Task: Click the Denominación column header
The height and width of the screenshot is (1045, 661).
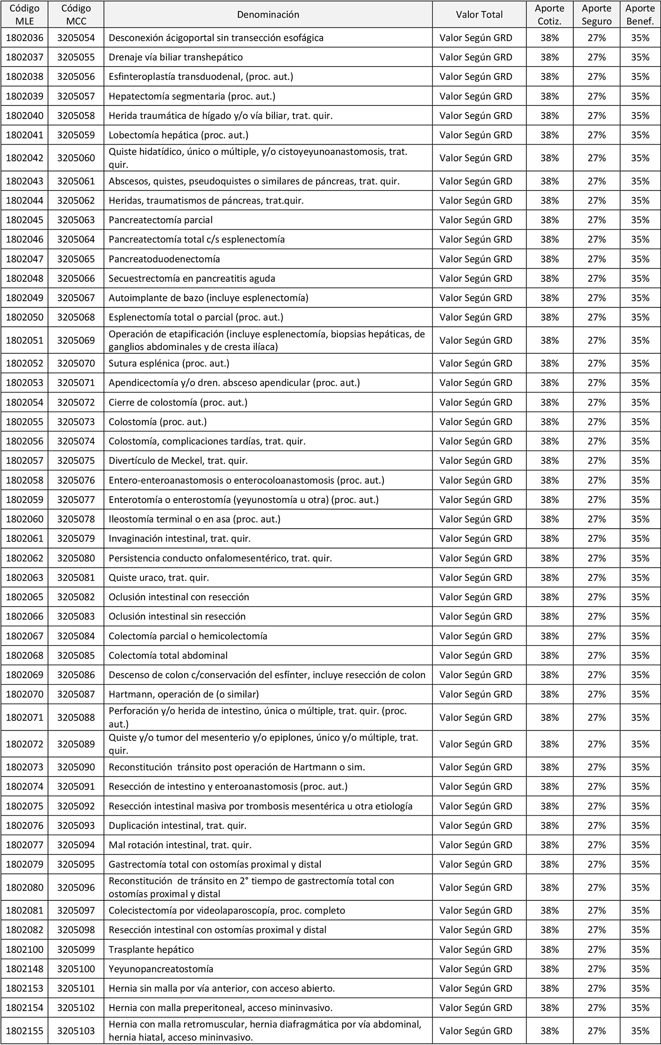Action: point(268,15)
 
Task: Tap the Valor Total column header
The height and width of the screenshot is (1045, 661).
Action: point(479,15)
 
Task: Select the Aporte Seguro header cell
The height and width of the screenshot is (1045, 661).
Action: point(596,15)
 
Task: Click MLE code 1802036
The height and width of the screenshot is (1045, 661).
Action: point(25,38)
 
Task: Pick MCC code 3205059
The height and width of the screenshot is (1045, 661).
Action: point(76,135)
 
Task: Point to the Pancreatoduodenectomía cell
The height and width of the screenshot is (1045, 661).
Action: point(164,259)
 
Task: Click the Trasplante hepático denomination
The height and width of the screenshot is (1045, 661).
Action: point(151,949)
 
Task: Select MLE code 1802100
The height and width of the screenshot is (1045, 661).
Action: point(25,949)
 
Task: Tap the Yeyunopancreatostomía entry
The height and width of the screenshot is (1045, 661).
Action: point(161,969)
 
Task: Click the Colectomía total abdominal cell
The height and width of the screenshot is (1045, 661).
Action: point(168,655)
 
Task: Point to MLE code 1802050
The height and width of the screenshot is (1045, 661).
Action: point(25,317)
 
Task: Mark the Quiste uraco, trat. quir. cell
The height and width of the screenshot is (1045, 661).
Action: point(159,577)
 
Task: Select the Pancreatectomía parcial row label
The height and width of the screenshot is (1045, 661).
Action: point(160,220)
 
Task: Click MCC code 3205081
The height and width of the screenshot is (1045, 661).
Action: point(76,577)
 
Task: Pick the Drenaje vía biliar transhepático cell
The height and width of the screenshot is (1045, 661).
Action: point(175,57)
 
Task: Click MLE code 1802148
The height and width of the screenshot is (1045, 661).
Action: point(25,969)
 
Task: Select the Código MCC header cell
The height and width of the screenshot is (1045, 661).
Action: point(76,15)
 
